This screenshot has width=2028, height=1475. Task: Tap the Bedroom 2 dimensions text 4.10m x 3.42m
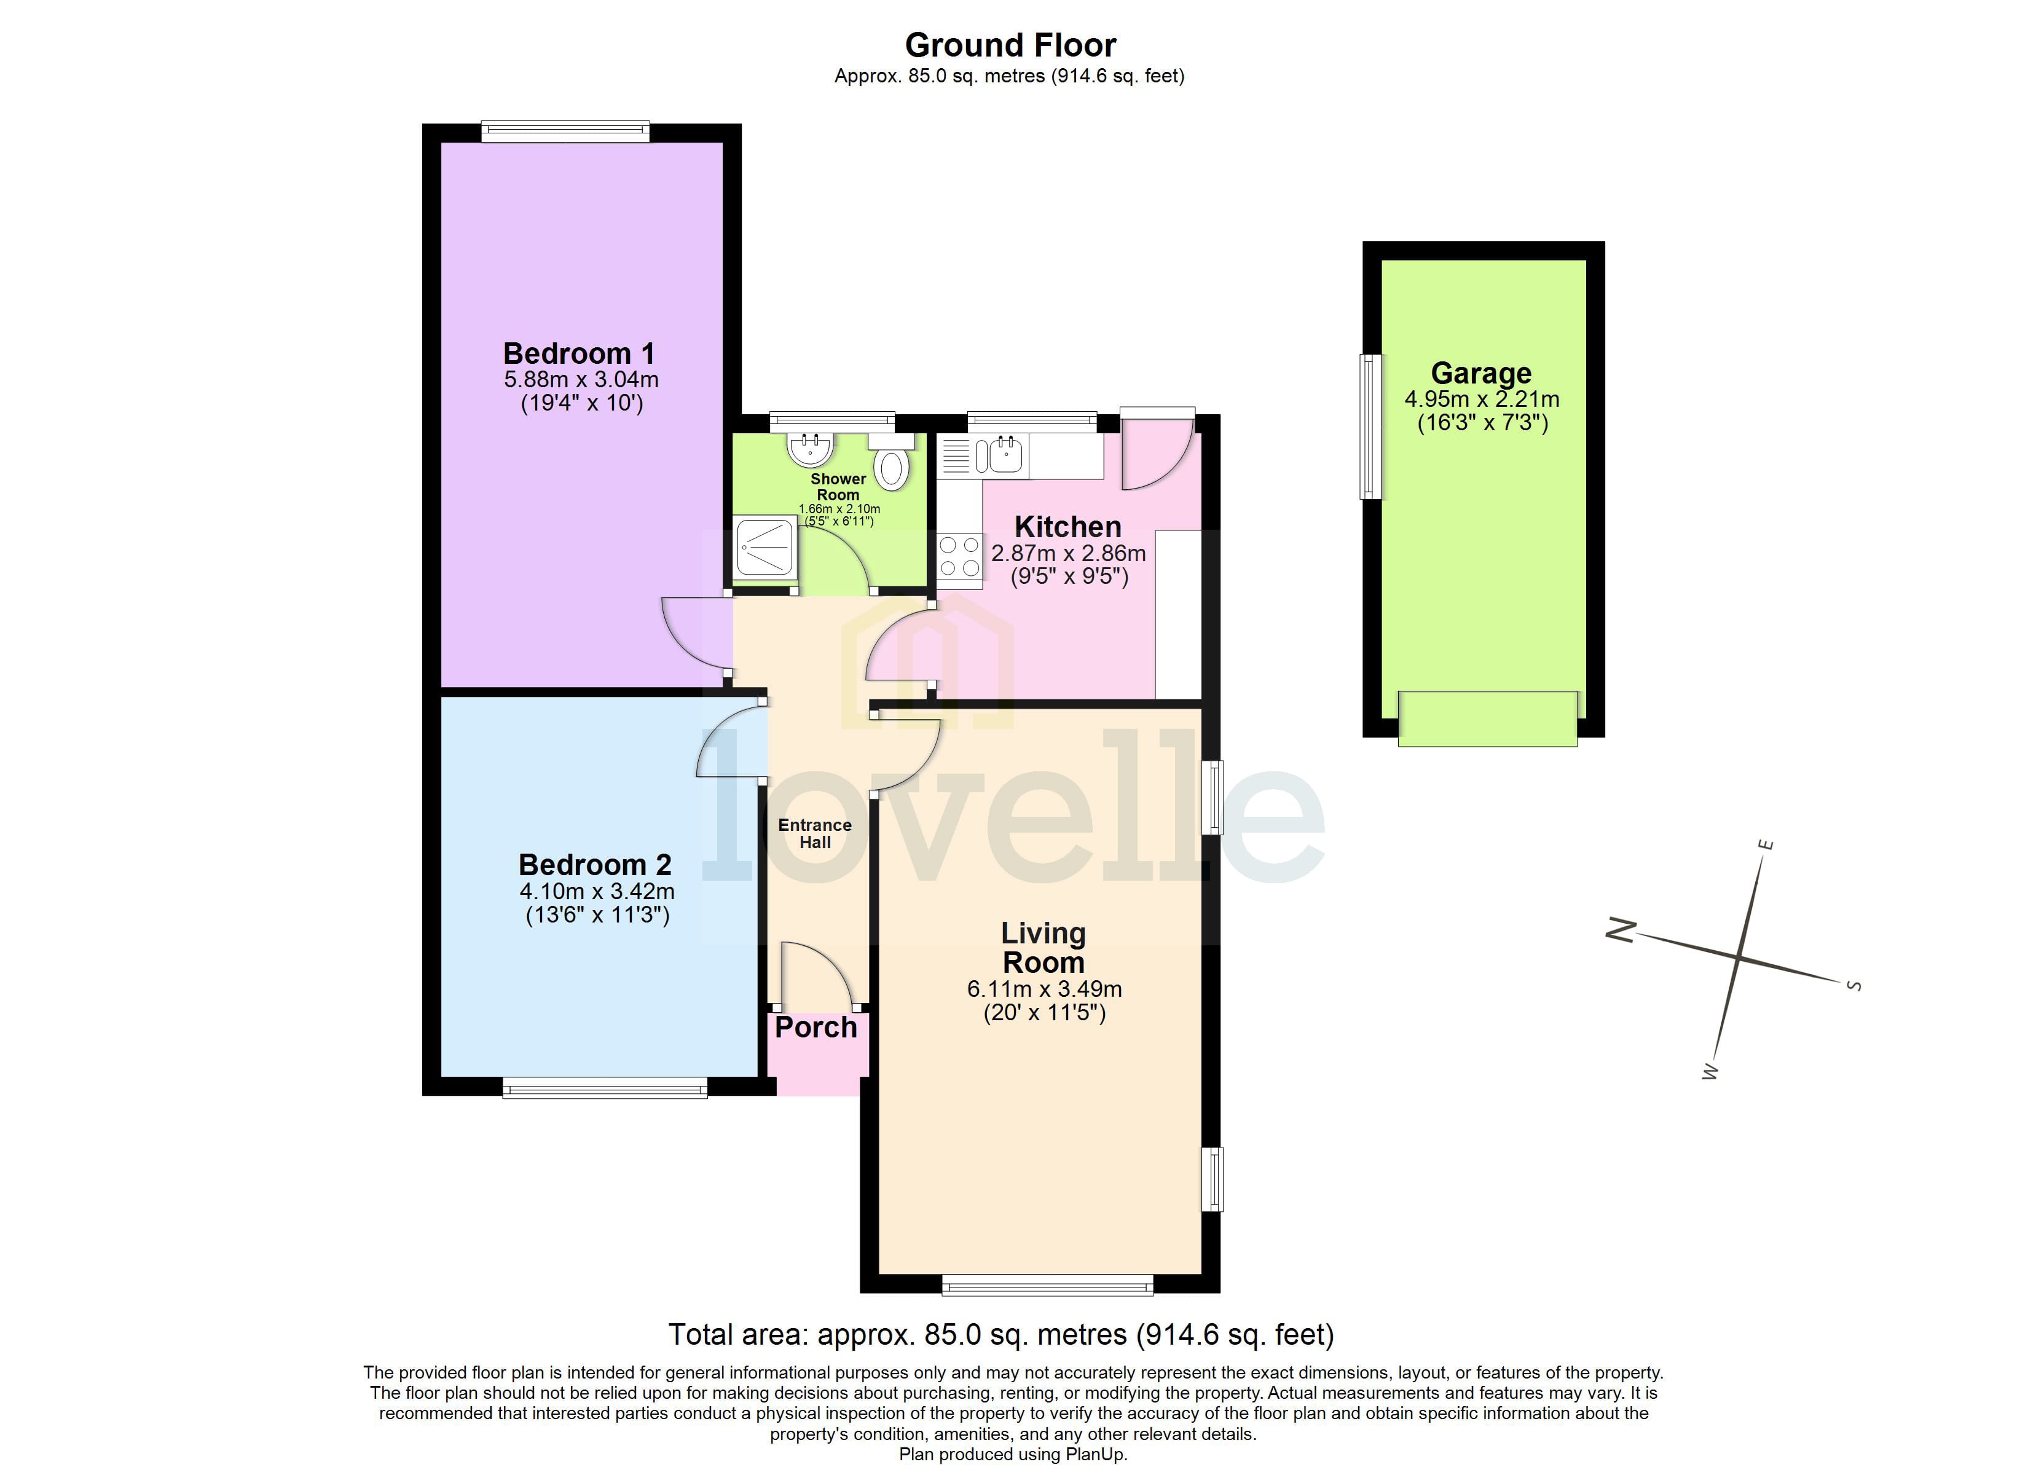pos(597,892)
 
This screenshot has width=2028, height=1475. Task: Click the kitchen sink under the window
pos(1005,454)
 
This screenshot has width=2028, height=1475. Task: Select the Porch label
pos(816,1028)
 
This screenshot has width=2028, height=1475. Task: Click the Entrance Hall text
pos(815,833)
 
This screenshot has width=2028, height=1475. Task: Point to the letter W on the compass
pos(1710,1072)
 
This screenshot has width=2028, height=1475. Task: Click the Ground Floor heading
pos(1010,45)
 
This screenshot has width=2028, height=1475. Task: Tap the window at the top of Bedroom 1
pos(565,132)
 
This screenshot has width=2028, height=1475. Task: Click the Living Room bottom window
pos(1047,1285)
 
